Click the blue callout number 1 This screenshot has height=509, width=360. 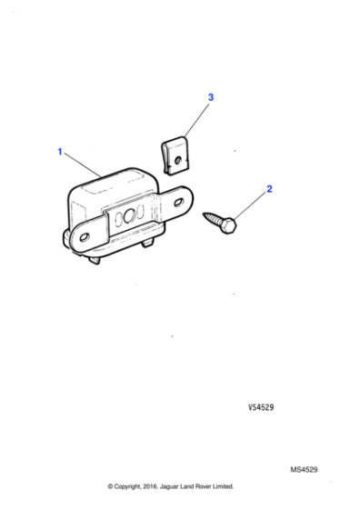tap(61, 152)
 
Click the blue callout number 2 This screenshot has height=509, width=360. tap(268, 190)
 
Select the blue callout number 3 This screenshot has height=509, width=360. tap(210, 96)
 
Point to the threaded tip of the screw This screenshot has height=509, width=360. tap(207, 215)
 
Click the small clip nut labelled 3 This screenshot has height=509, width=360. tap(176, 155)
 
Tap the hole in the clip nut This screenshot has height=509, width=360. tap(182, 160)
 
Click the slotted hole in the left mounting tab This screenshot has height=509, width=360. tap(85, 236)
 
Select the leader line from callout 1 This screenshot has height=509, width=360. tap(82, 165)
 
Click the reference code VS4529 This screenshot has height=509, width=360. tap(262, 408)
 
